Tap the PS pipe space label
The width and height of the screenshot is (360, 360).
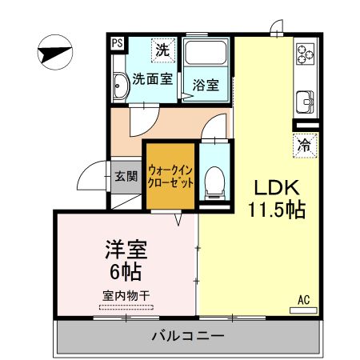coord(117,45)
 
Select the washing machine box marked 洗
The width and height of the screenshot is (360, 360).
coord(162,49)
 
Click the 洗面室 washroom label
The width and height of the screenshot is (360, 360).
coord(152,79)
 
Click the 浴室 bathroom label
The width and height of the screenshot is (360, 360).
coord(205,83)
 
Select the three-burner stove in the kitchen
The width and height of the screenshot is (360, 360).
coord(306,53)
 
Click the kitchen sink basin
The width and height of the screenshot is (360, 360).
coord(305,102)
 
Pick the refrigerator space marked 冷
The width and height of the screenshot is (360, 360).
coord(305,146)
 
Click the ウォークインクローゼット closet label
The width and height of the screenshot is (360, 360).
coord(170,174)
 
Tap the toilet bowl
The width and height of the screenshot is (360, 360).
coord(214,181)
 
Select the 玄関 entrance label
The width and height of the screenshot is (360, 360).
coord(126,177)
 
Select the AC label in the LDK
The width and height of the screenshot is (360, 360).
coord(303,299)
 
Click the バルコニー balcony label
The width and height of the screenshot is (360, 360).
coord(188,336)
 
